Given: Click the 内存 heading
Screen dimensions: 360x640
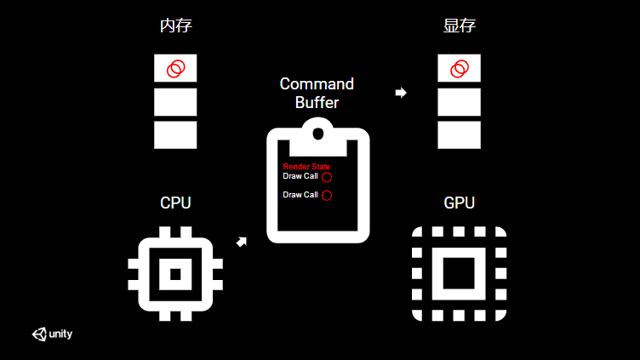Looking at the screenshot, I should (175, 26).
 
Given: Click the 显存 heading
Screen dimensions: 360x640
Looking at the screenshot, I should (459, 26).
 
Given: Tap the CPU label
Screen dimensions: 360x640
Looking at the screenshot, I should (175, 203).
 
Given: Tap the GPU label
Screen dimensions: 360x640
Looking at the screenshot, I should (459, 203).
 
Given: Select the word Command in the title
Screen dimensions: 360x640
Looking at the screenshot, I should (317, 84).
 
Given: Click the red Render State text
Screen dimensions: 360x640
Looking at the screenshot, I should (306, 167).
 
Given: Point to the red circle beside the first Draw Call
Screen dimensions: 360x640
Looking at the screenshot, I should (327, 177).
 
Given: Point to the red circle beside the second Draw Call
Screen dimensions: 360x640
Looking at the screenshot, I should (327, 195).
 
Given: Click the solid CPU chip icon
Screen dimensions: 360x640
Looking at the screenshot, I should (175, 274).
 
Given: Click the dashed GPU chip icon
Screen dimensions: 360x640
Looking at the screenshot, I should (459, 274).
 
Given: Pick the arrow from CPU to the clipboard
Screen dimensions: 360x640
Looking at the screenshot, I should (243, 243).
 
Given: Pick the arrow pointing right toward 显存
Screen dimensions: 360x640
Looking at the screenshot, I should (401, 92).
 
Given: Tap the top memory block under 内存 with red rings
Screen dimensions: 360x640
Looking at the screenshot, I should (175, 68).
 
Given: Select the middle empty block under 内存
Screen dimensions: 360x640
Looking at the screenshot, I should (175, 102).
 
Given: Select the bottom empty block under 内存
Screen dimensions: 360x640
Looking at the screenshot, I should (175, 134).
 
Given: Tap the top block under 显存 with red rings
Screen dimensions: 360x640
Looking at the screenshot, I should (459, 68).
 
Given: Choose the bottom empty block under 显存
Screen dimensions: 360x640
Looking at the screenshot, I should (459, 134).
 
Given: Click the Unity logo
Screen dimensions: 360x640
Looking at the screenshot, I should (53, 334).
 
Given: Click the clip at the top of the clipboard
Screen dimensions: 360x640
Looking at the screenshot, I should (317, 132).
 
